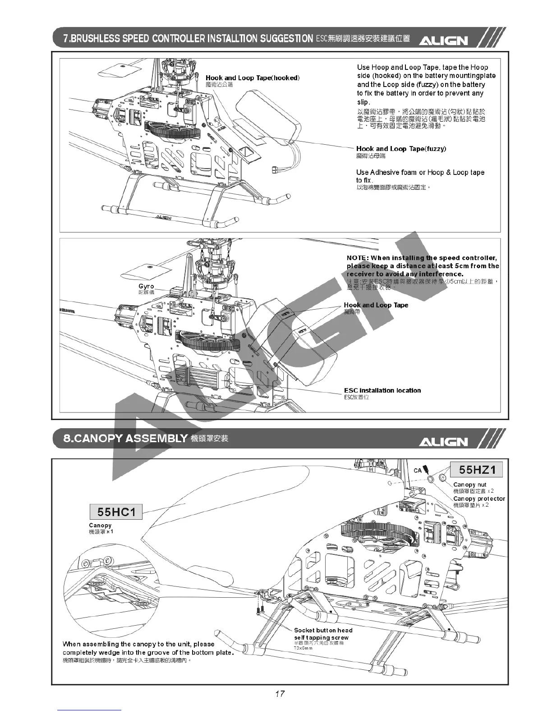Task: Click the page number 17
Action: point(280,693)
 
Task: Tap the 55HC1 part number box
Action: point(116,512)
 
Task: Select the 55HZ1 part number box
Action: point(477,470)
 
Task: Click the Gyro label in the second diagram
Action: point(146,286)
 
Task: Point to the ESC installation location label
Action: point(382,390)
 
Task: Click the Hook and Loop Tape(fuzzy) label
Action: point(401,149)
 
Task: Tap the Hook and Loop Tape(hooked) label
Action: point(253,78)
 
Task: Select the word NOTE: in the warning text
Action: point(357,258)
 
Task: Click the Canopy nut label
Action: point(469,485)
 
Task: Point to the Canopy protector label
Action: point(479,499)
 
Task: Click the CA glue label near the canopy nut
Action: point(418,471)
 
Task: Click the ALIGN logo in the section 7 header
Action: point(444,41)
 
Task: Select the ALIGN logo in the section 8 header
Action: point(444,441)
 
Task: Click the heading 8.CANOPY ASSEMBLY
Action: point(125,438)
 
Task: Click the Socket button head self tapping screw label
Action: point(323,634)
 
